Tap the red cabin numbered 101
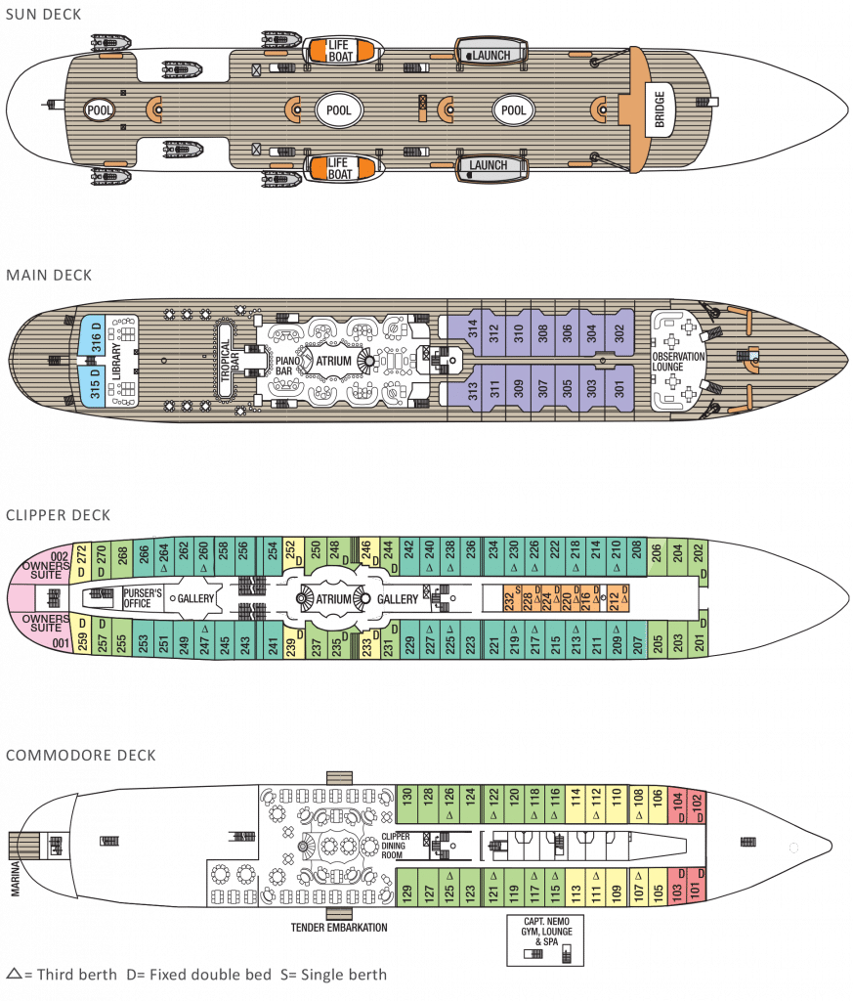(x=695, y=892)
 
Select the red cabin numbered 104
(x=676, y=805)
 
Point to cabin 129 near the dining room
(x=406, y=892)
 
